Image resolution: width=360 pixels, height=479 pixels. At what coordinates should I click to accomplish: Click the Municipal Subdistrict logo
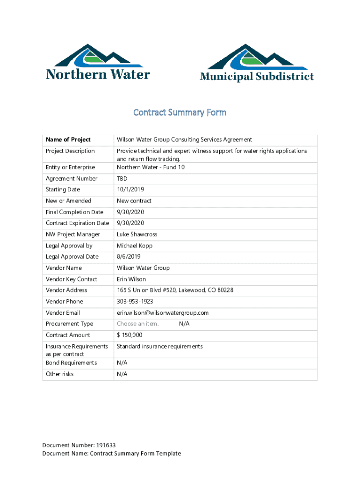(x=257, y=63)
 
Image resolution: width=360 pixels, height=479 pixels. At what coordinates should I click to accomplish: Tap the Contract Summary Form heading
(x=180, y=112)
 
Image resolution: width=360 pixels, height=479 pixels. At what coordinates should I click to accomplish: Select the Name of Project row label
(x=68, y=139)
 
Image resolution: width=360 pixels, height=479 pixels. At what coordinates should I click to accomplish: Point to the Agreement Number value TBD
(x=122, y=179)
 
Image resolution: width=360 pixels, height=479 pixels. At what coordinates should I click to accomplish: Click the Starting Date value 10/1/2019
(x=130, y=189)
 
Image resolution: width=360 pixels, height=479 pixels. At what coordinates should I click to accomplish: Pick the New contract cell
(x=134, y=201)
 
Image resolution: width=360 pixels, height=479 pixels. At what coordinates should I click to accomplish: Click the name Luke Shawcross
(x=137, y=234)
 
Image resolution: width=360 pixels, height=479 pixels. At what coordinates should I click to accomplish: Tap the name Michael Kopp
(x=135, y=246)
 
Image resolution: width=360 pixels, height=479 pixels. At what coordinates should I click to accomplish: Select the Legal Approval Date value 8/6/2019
(x=129, y=257)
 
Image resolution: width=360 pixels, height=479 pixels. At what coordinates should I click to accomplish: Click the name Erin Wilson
(x=131, y=279)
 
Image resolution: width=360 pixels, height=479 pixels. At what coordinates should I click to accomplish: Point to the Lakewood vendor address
(x=175, y=290)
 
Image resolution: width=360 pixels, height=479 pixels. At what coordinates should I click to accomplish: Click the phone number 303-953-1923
(x=135, y=302)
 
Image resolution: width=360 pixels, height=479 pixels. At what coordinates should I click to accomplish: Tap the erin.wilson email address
(x=163, y=313)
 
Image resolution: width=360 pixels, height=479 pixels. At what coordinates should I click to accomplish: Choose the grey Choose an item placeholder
(x=138, y=324)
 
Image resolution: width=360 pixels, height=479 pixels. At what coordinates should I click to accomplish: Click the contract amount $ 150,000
(x=130, y=335)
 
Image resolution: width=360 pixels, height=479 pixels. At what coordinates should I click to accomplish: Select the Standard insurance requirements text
(x=160, y=347)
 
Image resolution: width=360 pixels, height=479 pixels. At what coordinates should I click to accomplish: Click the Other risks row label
(x=59, y=374)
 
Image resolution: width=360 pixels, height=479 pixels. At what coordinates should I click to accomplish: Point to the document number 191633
(x=106, y=445)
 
